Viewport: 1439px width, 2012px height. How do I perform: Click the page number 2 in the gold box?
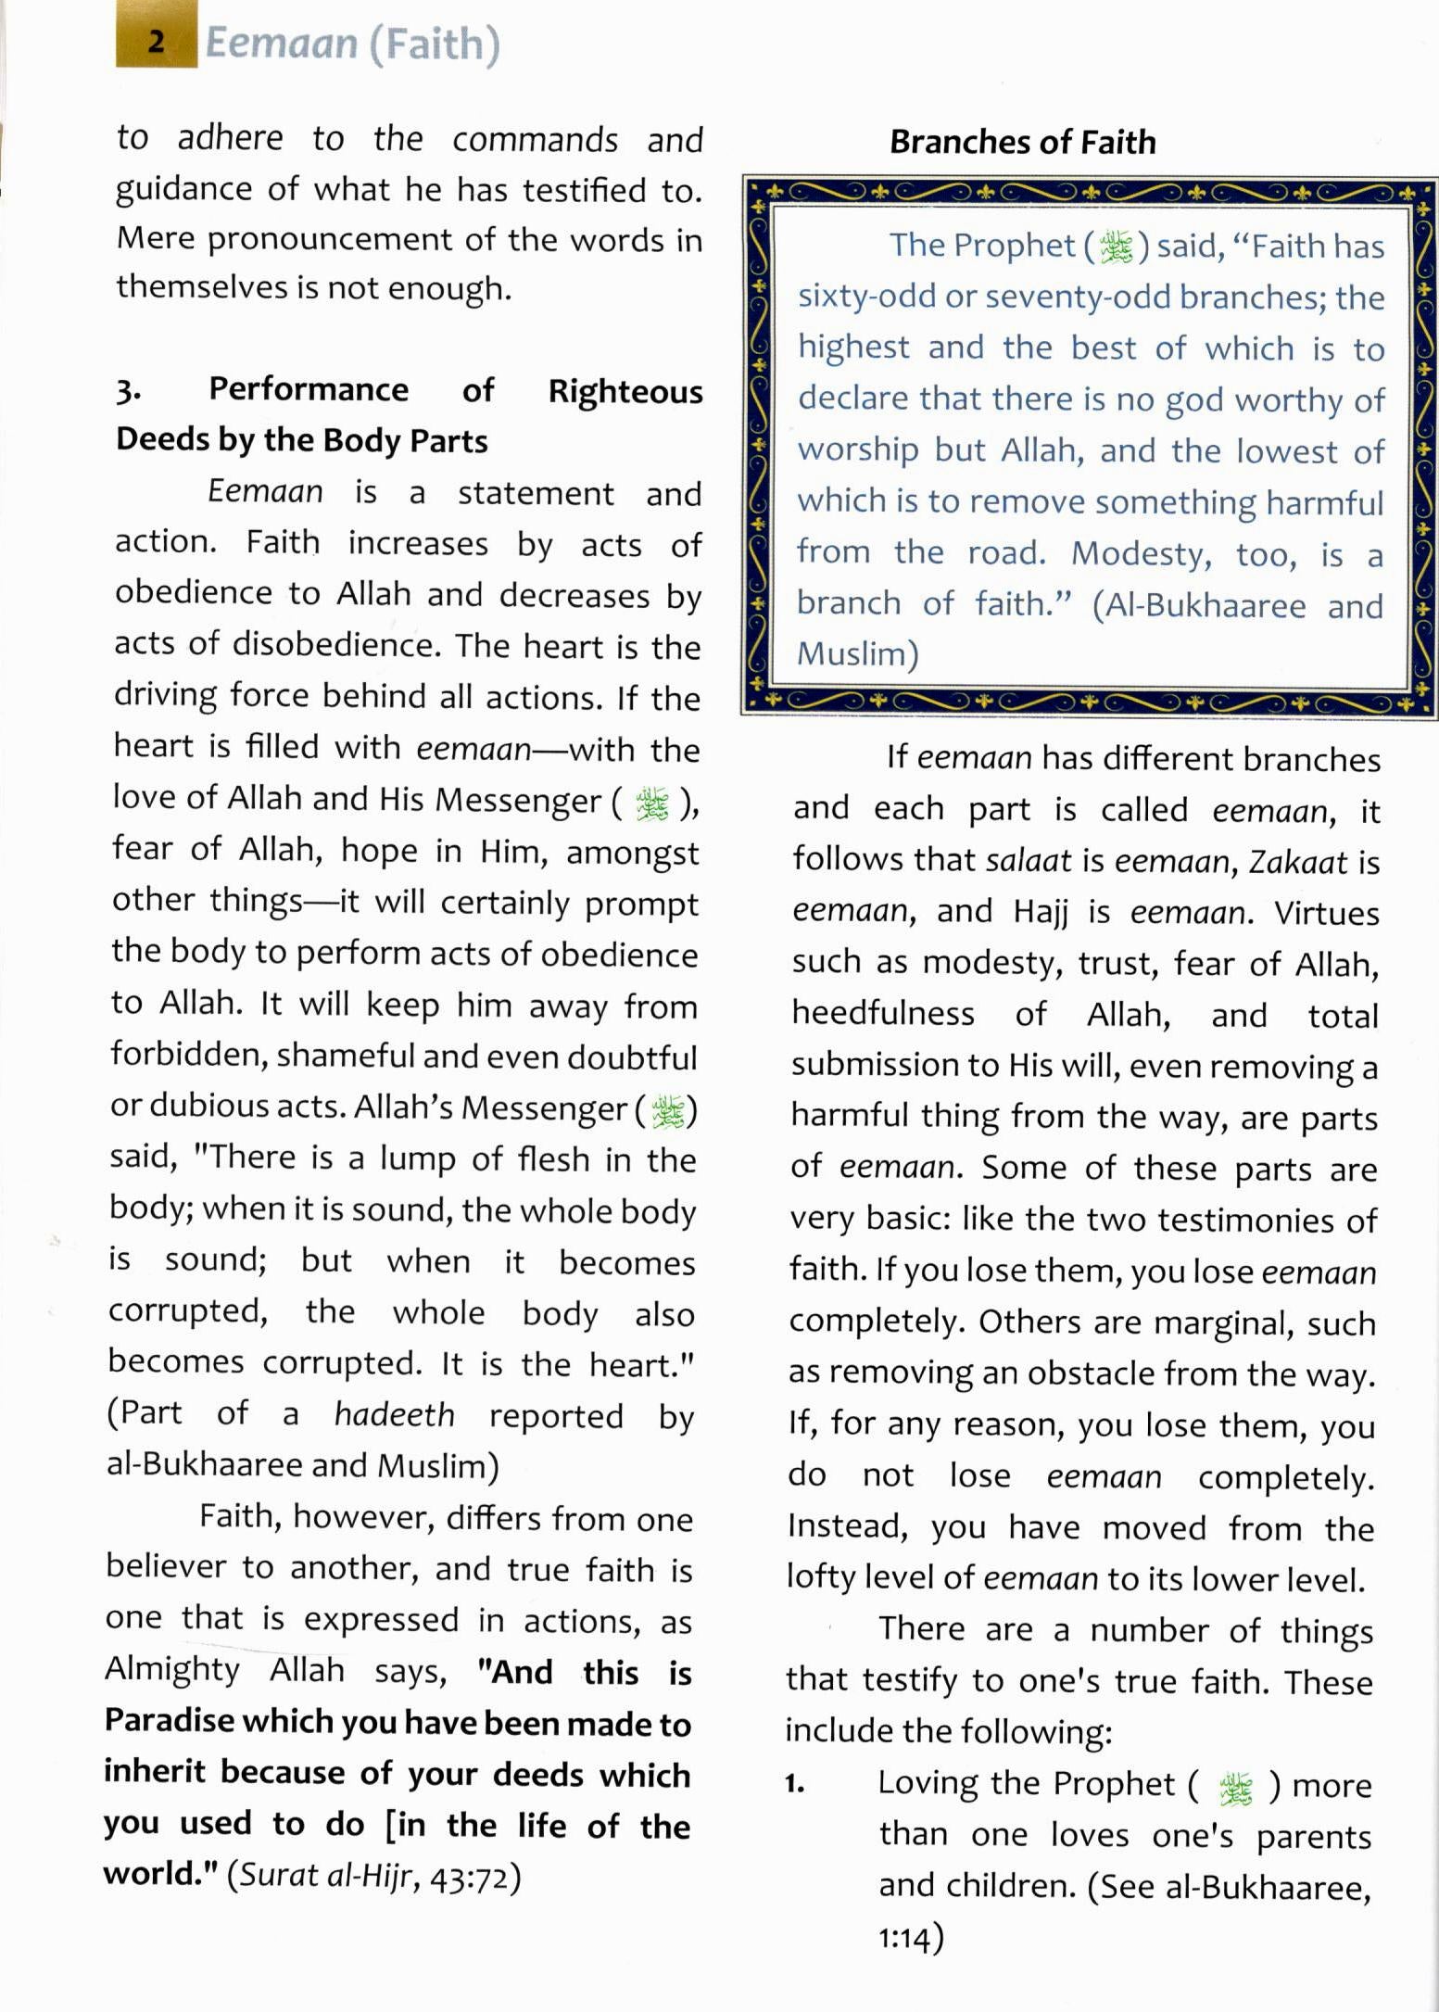click(156, 42)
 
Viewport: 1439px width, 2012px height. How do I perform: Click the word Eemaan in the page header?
click(281, 44)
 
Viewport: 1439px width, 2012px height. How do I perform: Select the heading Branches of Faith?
click(1022, 142)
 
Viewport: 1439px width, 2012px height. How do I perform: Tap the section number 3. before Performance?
click(128, 391)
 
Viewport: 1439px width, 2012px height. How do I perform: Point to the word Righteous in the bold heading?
click(625, 391)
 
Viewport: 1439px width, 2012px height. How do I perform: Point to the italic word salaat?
click(1029, 861)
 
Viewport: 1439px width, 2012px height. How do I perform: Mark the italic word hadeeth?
click(394, 1415)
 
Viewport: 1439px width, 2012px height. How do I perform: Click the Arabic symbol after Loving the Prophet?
click(1235, 1788)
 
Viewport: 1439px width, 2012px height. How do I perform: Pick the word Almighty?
click(172, 1670)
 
